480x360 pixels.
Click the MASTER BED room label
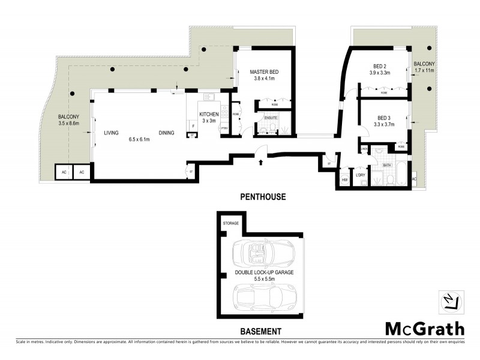pyautogui.click(x=264, y=72)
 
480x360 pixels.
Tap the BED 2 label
pyautogui.click(x=379, y=67)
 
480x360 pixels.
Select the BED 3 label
pyautogui.click(x=384, y=118)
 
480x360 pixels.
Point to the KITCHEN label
pyautogui.click(x=210, y=114)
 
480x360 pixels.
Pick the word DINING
pyautogui.click(x=167, y=133)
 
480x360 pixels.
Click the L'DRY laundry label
pyautogui.click(x=361, y=175)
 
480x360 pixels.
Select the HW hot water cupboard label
pyautogui.click(x=345, y=179)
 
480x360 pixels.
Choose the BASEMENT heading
pyautogui.click(x=261, y=331)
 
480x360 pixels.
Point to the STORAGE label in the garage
pyautogui.click(x=231, y=223)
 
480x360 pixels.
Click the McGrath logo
pyautogui.click(x=424, y=328)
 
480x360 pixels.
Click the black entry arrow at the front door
pyautogui.click(x=260, y=161)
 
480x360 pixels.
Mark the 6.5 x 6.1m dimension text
pyautogui.click(x=139, y=140)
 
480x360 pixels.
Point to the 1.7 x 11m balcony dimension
pyautogui.click(x=424, y=70)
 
